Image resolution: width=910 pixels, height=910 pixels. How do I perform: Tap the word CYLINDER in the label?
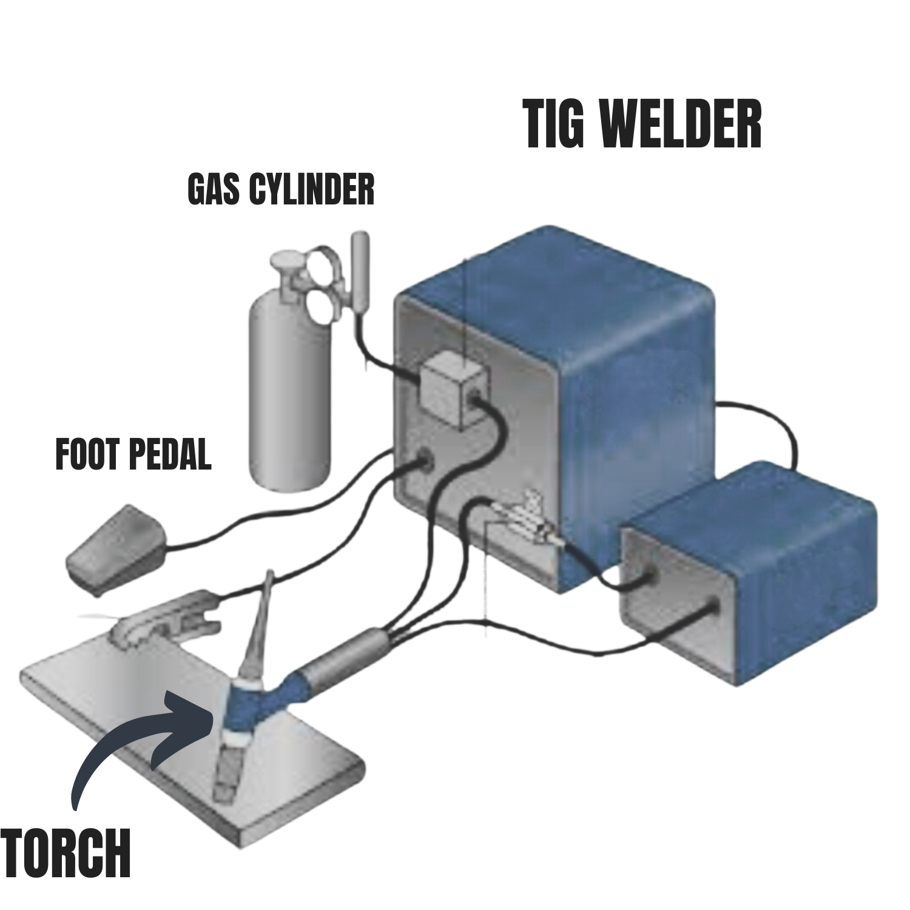click(x=312, y=189)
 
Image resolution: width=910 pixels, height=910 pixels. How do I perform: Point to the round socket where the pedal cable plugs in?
click(x=425, y=461)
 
